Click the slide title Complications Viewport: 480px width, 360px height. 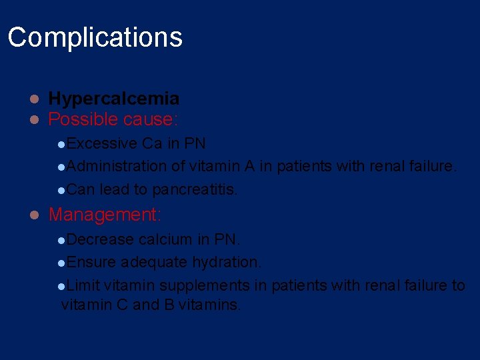tap(95, 37)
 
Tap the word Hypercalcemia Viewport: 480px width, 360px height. tap(113, 99)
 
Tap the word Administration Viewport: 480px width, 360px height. tap(116, 166)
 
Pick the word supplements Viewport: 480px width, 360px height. tap(215, 285)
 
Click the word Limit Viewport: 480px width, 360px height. tap(83, 285)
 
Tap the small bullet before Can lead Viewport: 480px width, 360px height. tap(61, 190)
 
